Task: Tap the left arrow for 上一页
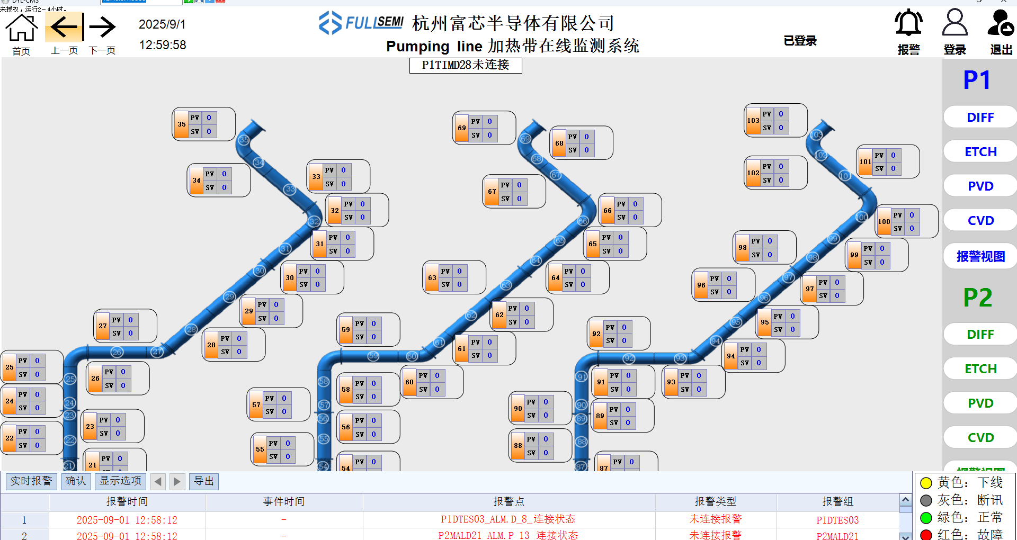[64, 27]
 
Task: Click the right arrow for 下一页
[102, 27]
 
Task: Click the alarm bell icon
[908, 24]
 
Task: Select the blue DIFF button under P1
[980, 117]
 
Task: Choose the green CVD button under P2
[980, 438]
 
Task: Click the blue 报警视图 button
[980, 257]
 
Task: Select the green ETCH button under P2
[980, 369]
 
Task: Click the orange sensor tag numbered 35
[182, 124]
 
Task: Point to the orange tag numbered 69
[462, 128]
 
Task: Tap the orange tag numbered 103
[753, 121]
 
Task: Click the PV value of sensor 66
[635, 204]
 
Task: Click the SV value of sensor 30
[317, 285]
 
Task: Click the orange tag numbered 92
[596, 334]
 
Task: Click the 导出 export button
[204, 481]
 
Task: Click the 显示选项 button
[120, 481]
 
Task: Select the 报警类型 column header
[715, 501]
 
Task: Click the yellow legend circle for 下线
[926, 483]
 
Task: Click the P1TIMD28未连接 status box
[466, 65]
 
